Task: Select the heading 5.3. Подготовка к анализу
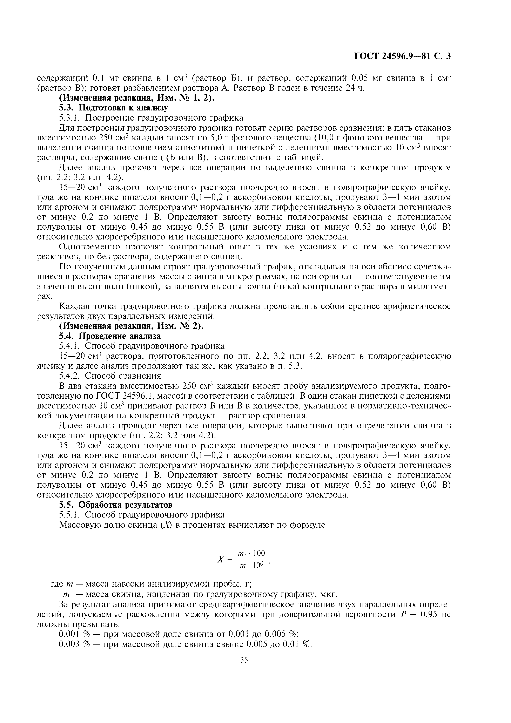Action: (x=113, y=108)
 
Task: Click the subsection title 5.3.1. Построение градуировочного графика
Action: (x=151, y=118)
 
